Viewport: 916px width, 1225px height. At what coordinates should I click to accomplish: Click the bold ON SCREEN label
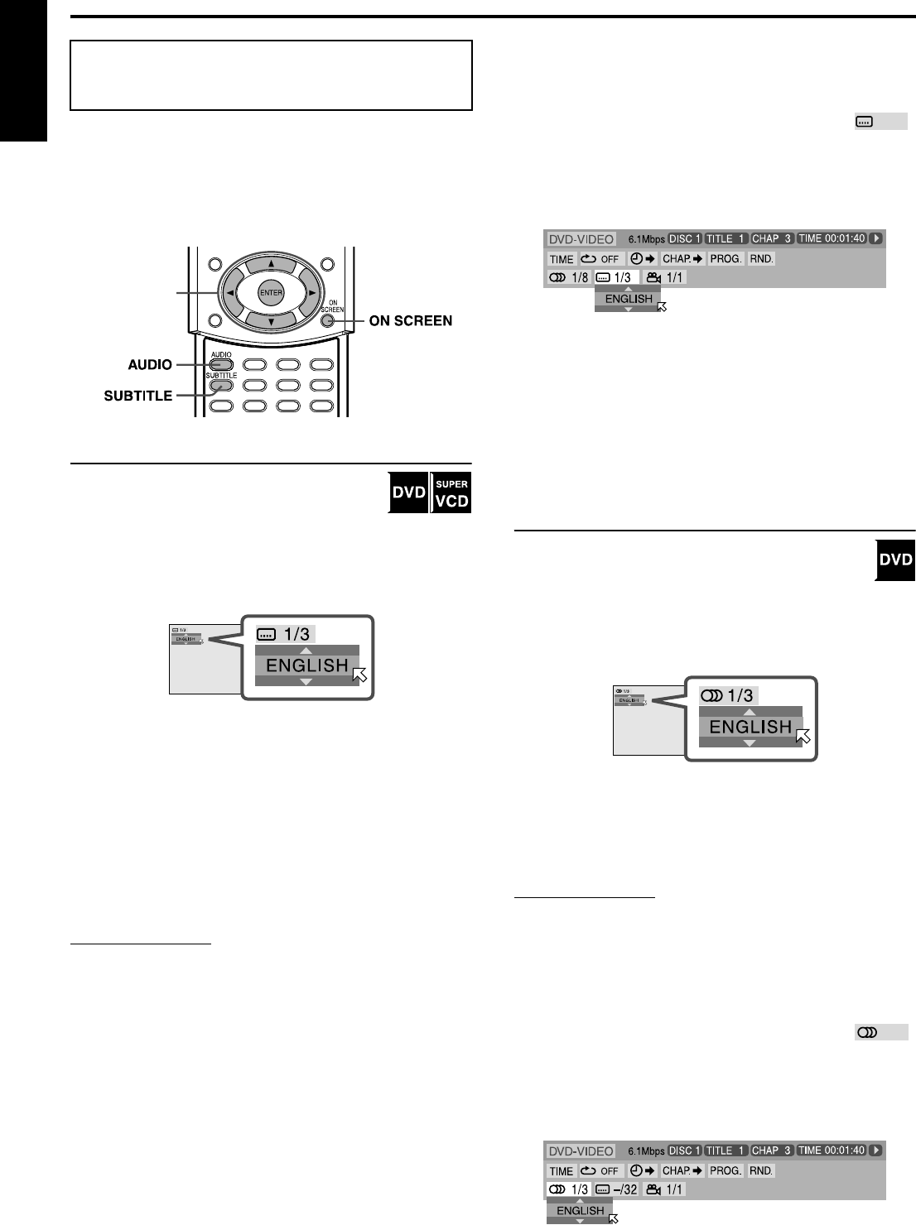point(412,321)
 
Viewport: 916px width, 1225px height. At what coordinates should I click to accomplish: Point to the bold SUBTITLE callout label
point(137,396)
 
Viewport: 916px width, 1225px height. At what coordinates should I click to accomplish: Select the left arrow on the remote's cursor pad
point(229,292)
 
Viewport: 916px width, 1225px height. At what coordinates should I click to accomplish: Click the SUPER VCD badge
point(451,493)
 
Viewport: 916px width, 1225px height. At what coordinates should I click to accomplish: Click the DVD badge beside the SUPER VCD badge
point(407,494)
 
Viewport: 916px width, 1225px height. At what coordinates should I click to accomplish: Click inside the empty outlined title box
point(271,75)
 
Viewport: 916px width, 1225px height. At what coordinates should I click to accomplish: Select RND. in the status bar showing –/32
point(760,1170)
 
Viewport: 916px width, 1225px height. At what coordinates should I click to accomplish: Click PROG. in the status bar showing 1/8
point(726,259)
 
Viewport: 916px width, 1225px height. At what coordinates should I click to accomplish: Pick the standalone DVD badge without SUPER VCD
point(894,560)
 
